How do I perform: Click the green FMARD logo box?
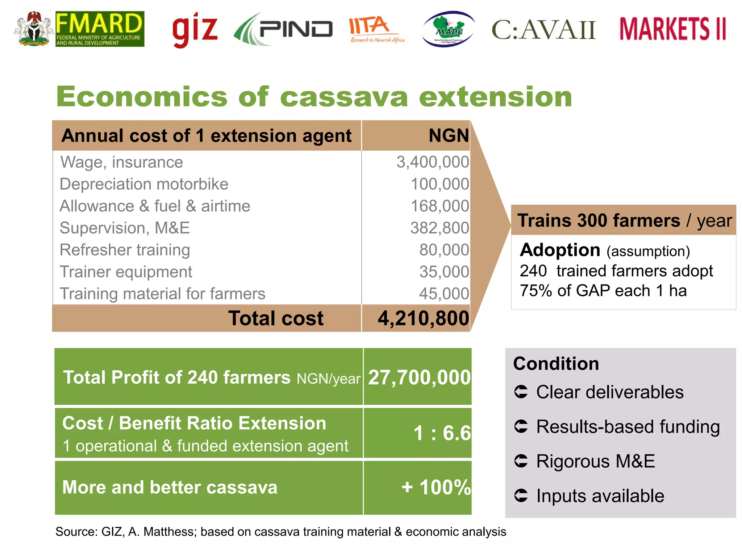tap(100, 29)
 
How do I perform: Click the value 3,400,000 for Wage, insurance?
tap(433, 162)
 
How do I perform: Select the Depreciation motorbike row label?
tap(144, 184)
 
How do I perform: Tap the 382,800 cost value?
tap(439, 228)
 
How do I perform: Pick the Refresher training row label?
tap(125, 250)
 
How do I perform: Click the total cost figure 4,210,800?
tap(423, 319)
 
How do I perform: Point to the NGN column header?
tap(449, 136)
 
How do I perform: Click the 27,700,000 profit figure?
tap(419, 378)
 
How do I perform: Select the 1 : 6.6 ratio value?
tap(442, 433)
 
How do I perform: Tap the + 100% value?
tap(436, 487)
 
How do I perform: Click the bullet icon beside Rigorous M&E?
tap(521, 461)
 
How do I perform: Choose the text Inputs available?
tap(600, 496)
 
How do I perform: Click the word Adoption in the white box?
tap(560, 250)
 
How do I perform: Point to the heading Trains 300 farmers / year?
tap(624, 220)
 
